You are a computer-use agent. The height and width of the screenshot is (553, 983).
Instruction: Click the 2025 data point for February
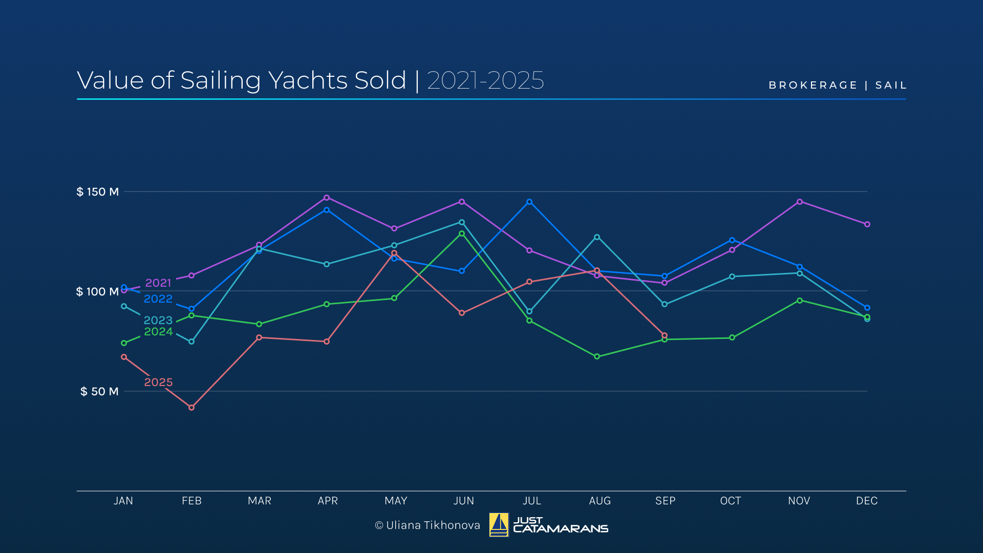click(x=191, y=408)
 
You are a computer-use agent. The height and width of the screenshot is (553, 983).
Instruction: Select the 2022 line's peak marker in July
click(x=529, y=202)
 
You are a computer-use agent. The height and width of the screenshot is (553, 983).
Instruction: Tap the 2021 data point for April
click(x=327, y=198)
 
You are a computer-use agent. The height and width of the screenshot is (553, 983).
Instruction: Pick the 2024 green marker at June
click(x=462, y=233)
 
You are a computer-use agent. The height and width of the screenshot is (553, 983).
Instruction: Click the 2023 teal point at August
click(x=597, y=237)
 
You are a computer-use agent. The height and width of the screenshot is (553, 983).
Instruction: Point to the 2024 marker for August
click(x=597, y=356)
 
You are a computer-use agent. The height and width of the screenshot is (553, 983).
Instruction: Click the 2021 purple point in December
click(x=867, y=224)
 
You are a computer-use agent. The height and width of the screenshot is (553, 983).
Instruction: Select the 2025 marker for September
click(x=665, y=335)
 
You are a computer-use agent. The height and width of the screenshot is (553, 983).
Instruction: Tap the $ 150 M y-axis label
click(x=97, y=192)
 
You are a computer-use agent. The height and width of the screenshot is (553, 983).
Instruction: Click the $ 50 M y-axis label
click(x=99, y=392)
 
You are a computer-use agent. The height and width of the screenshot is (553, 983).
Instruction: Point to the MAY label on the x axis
click(x=396, y=501)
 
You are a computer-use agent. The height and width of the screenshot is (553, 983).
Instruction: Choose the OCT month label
click(x=731, y=501)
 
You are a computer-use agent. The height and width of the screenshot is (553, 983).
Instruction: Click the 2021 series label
click(x=158, y=283)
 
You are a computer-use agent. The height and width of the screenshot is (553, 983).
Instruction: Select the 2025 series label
click(x=158, y=382)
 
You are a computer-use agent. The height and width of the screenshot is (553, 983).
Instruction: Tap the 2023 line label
click(x=158, y=320)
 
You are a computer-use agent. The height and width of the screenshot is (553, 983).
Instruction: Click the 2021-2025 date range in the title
click(x=485, y=81)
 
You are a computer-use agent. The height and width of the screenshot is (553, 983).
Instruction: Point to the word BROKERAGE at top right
click(x=813, y=85)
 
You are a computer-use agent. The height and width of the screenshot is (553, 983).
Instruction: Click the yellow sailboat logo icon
click(x=499, y=525)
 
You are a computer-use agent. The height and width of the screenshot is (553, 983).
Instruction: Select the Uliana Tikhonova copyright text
click(x=428, y=525)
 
